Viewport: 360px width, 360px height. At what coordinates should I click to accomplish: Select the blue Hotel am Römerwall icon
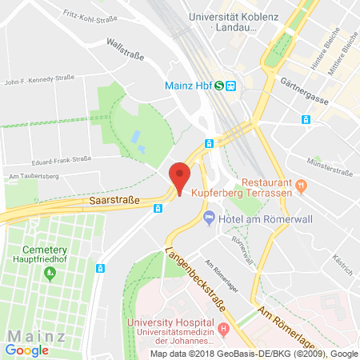(209, 216)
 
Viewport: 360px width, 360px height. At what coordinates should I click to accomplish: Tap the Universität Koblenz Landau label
(239, 21)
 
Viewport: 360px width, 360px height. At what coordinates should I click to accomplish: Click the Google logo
(26, 349)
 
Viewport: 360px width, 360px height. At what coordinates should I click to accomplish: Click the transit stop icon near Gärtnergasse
(305, 119)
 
